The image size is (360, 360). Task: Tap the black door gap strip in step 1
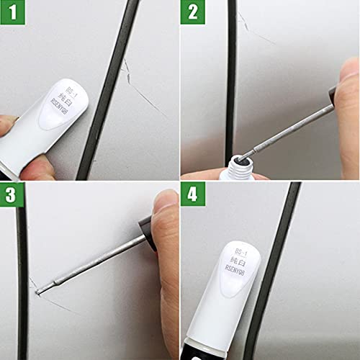[108, 86]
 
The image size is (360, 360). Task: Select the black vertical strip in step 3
[22, 281]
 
